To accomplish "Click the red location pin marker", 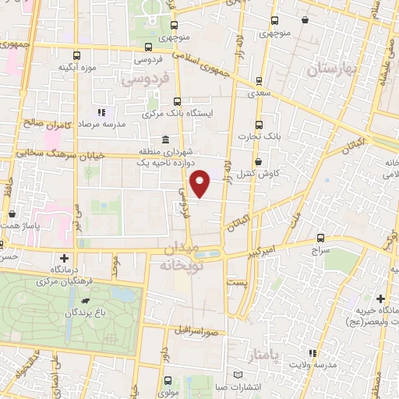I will pyautogui.click(x=201, y=182).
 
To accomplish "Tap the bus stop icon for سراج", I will pyautogui.click(x=321, y=238).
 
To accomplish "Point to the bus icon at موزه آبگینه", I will pyautogui.click(x=76, y=55).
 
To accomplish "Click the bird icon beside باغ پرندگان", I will pyautogui.click(x=85, y=300).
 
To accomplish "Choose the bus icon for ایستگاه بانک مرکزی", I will pyautogui.click(x=177, y=101).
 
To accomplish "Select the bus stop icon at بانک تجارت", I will pyautogui.click(x=260, y=125).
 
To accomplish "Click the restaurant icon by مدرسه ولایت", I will pyautogui.click(x=313, y=353).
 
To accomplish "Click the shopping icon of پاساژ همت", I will pyautogui.click(x=12, y=213).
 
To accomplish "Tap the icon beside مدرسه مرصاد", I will pyautogui.click(x=101, y=116).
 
